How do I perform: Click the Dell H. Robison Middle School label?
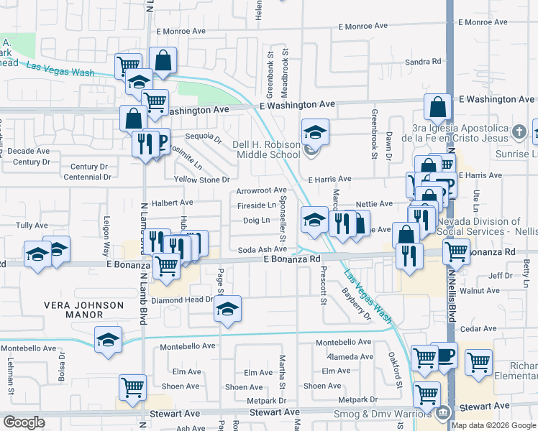click(x=266, y=149)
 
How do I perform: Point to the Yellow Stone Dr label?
click(x=201, y=180)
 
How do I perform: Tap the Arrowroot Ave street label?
click(x=262, y=190)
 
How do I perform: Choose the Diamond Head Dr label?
click(x=183, y=300)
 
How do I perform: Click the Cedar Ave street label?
click(x=478, y=328)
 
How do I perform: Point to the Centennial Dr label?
click(x=86, y=177)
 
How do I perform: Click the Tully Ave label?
click(x=32, y=226)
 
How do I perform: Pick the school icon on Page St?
click(x=228, y=309)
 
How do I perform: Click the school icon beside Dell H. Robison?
click(x=315, y=132)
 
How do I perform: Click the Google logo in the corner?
click(x=24, y=422)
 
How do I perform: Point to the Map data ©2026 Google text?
click(x=494, y=425)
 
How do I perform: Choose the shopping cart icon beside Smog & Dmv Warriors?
click(x=427, y=394)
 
